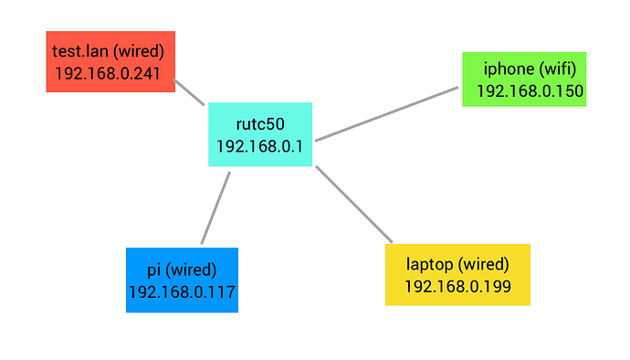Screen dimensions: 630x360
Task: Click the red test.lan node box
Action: (110, 61)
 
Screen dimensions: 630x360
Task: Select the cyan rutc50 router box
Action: (260, 134)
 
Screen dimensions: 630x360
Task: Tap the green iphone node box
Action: (524, 79)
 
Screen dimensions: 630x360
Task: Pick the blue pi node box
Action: (182, 280)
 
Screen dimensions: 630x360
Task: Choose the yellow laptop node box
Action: (457, 275)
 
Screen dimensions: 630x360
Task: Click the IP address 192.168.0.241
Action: (108, 74)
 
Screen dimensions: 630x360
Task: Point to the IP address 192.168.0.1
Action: (259, 146)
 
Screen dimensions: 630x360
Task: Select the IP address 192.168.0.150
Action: (530, 91)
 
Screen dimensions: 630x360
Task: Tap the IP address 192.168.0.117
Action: (182, 292)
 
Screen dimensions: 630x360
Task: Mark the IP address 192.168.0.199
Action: (457, 287)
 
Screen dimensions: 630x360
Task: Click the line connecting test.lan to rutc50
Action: (189, 92)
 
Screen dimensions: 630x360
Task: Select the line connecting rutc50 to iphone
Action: (386, 114)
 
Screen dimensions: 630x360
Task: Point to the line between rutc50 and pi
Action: (215, 208)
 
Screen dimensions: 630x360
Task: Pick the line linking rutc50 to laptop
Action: (354, 205)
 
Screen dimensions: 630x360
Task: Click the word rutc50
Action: (260, 124)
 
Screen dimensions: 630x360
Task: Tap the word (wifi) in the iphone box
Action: (558, 69)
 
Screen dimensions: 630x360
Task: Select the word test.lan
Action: (80, 51)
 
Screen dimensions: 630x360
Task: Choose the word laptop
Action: (429, 265)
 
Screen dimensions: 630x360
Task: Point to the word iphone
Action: (509, 69)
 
